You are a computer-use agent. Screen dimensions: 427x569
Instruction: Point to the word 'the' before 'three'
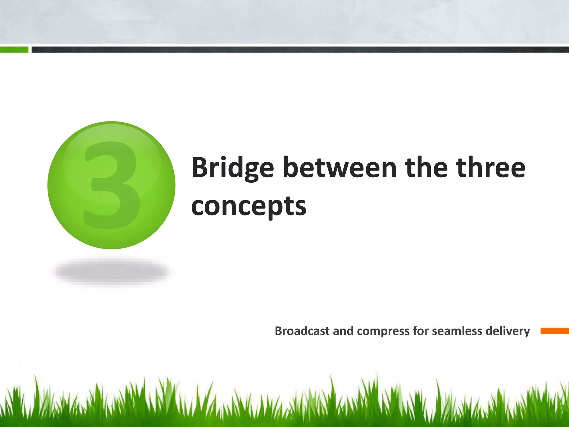[x=426, y=168]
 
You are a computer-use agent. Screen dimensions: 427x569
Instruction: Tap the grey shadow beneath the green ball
[x=112, y=271]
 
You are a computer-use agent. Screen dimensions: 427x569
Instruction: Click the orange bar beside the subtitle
[x=554, y=331]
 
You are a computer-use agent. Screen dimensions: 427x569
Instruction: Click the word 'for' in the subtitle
[x=421, y=331]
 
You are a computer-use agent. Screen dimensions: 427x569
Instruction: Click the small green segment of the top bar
[x=14, y=50]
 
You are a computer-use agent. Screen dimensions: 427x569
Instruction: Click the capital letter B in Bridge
[x=199, y=168]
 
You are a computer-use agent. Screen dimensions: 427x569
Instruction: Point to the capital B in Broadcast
[x=278, y=331]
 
